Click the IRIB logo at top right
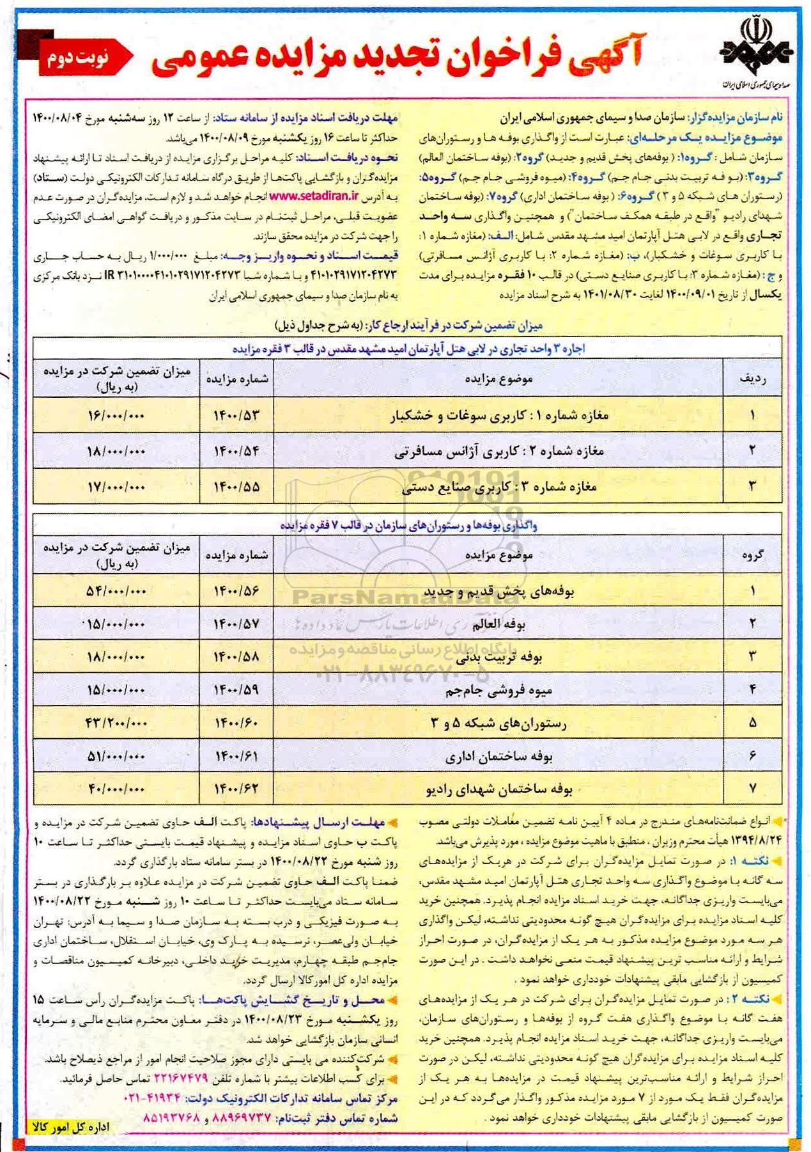755,52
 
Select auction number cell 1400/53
236,416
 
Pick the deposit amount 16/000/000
116,416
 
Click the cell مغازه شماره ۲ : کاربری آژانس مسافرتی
498,452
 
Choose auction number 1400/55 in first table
236,487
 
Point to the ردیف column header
752,379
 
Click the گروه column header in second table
752,555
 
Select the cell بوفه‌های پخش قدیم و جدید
498,592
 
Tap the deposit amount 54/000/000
116,592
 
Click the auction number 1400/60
236,723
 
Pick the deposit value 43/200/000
116,723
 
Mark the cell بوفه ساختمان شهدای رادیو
498,789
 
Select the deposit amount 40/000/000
116,789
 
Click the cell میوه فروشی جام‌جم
498,690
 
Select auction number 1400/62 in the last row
236,789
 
